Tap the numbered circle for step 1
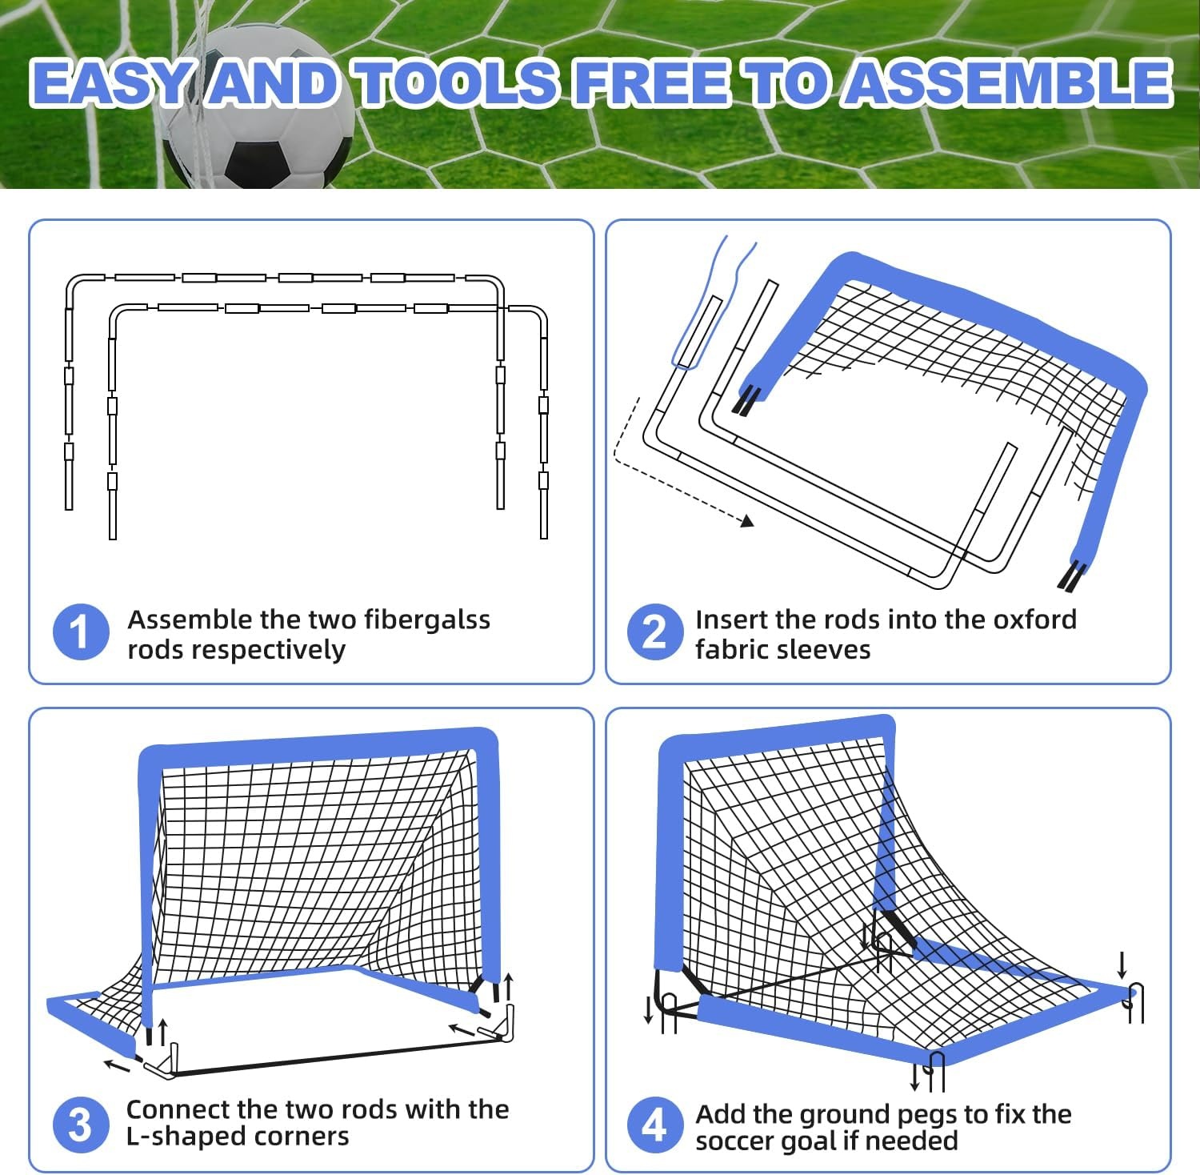[x=80, y=632]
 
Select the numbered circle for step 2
[x=654, y=632]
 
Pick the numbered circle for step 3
[x=80, y=1125]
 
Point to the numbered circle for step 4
[x=654, y=1125]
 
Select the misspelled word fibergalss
[x=426, y=620]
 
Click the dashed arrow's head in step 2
[x=747, y=521]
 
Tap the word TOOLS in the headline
[x=459, y=82]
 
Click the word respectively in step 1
[x=237, y=650]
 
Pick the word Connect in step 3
[x=178, y=1109]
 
